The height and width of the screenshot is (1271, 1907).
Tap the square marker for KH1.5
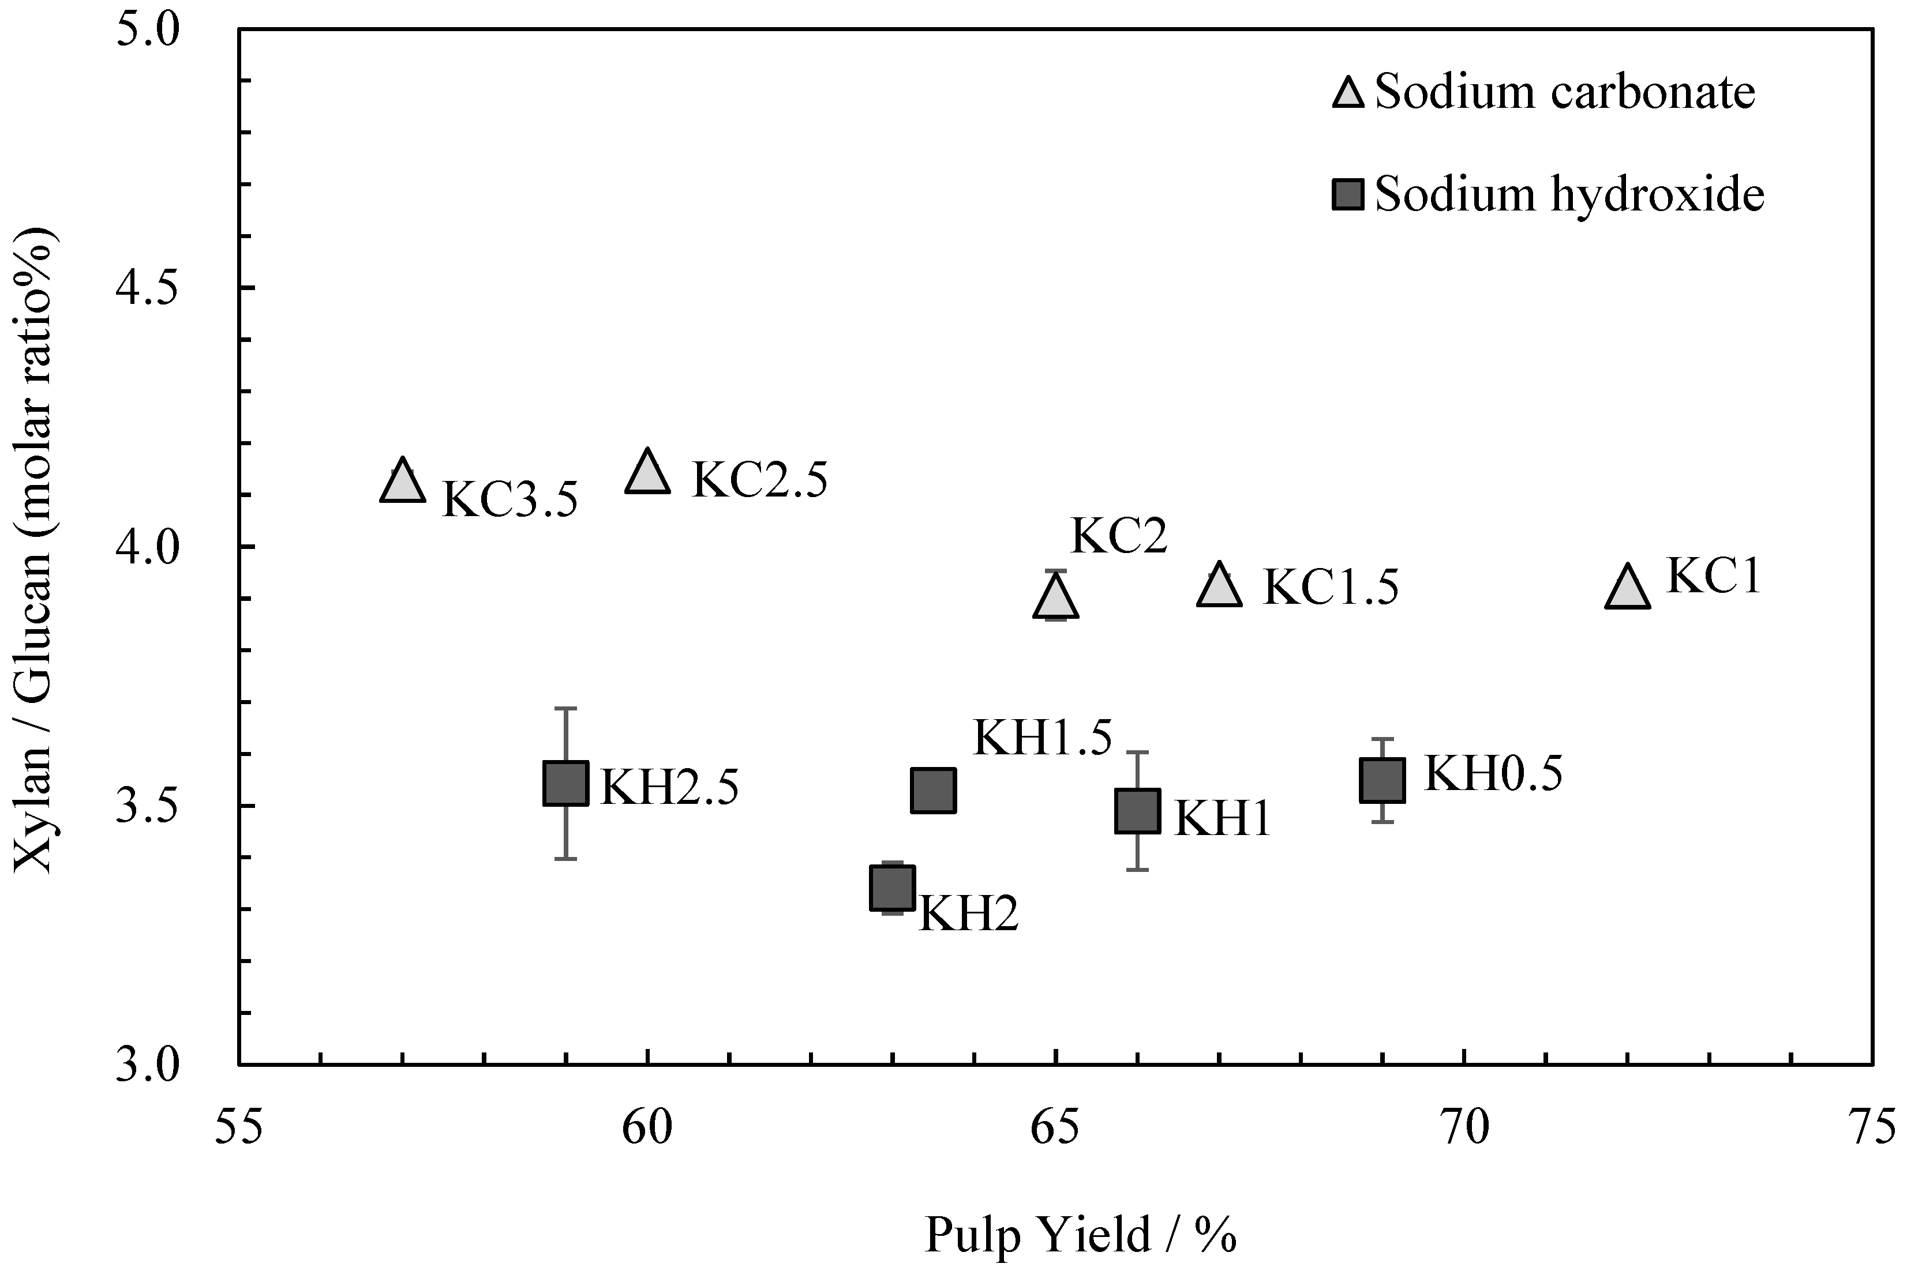tap(933, 790)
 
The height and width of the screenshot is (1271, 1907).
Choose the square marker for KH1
tap(1137, 811)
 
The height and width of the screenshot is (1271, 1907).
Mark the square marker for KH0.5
tap(1381, 780)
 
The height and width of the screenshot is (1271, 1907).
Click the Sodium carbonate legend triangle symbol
tap(1349, 95)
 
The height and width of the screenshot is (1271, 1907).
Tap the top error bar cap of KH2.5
tap(565, 709)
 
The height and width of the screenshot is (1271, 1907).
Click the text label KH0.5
tap(1493, 774)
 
